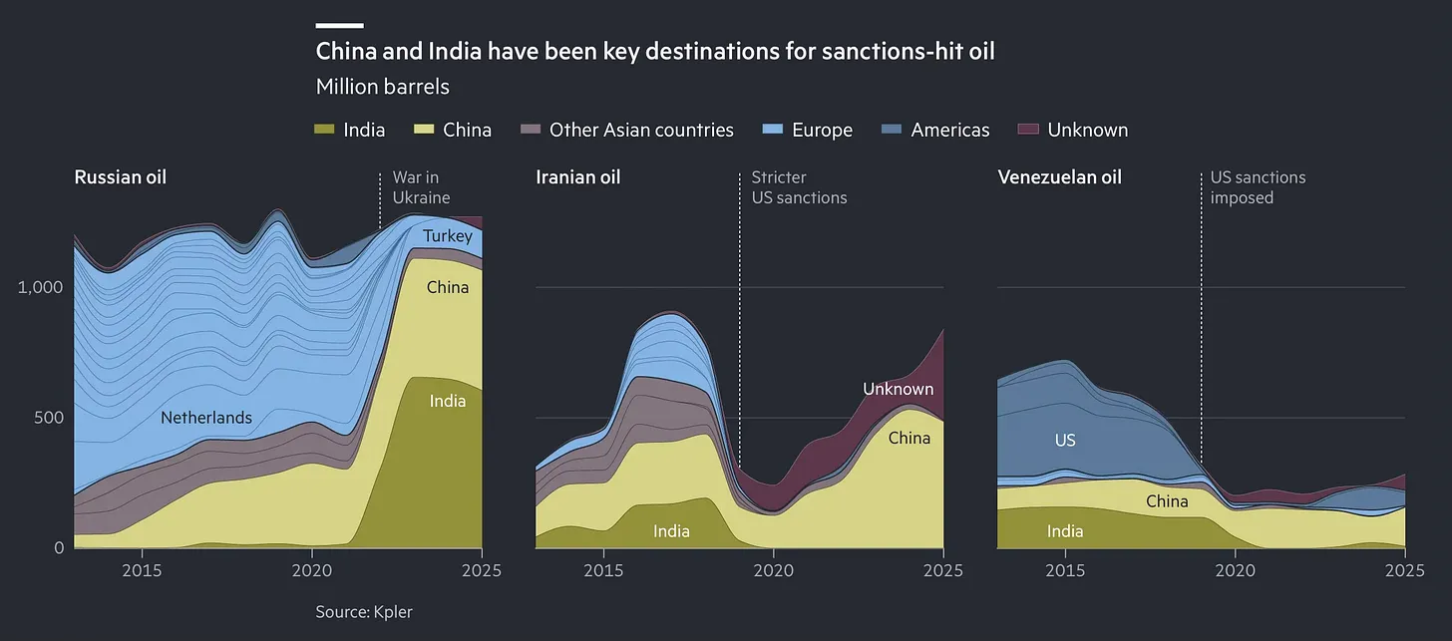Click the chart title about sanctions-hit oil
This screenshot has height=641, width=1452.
click(x=654, y=52)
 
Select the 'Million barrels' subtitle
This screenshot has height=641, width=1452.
click(x=382, y=87)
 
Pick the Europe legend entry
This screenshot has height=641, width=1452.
click(x=808, y=130)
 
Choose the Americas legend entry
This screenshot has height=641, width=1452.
click(x=936, y=130)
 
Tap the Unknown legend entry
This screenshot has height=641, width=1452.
click(x=1073, y=130)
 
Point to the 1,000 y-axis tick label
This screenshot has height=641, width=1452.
click(x=40, y=287)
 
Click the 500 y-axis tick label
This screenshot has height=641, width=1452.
click(x=46, y=417)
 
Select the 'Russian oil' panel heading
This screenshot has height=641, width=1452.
click(x=120, y=177)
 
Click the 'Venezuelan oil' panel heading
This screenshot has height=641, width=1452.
click(x=1059, y=177)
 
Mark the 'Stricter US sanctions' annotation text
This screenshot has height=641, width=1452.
click(x=799, y=187)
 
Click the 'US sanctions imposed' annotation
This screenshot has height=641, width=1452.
click(x=1257, y=187)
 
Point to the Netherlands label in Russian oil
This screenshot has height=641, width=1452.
click(x=206, y=418)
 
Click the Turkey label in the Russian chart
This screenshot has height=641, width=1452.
click(x=447, y=236)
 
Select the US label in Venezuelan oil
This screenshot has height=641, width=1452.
click(x=1065, y=440)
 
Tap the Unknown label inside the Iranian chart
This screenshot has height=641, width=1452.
click(x=898, y=389)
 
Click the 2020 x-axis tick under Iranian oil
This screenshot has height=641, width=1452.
click(x=773, y=571)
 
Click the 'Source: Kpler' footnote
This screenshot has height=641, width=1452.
click(x=363, y=611)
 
